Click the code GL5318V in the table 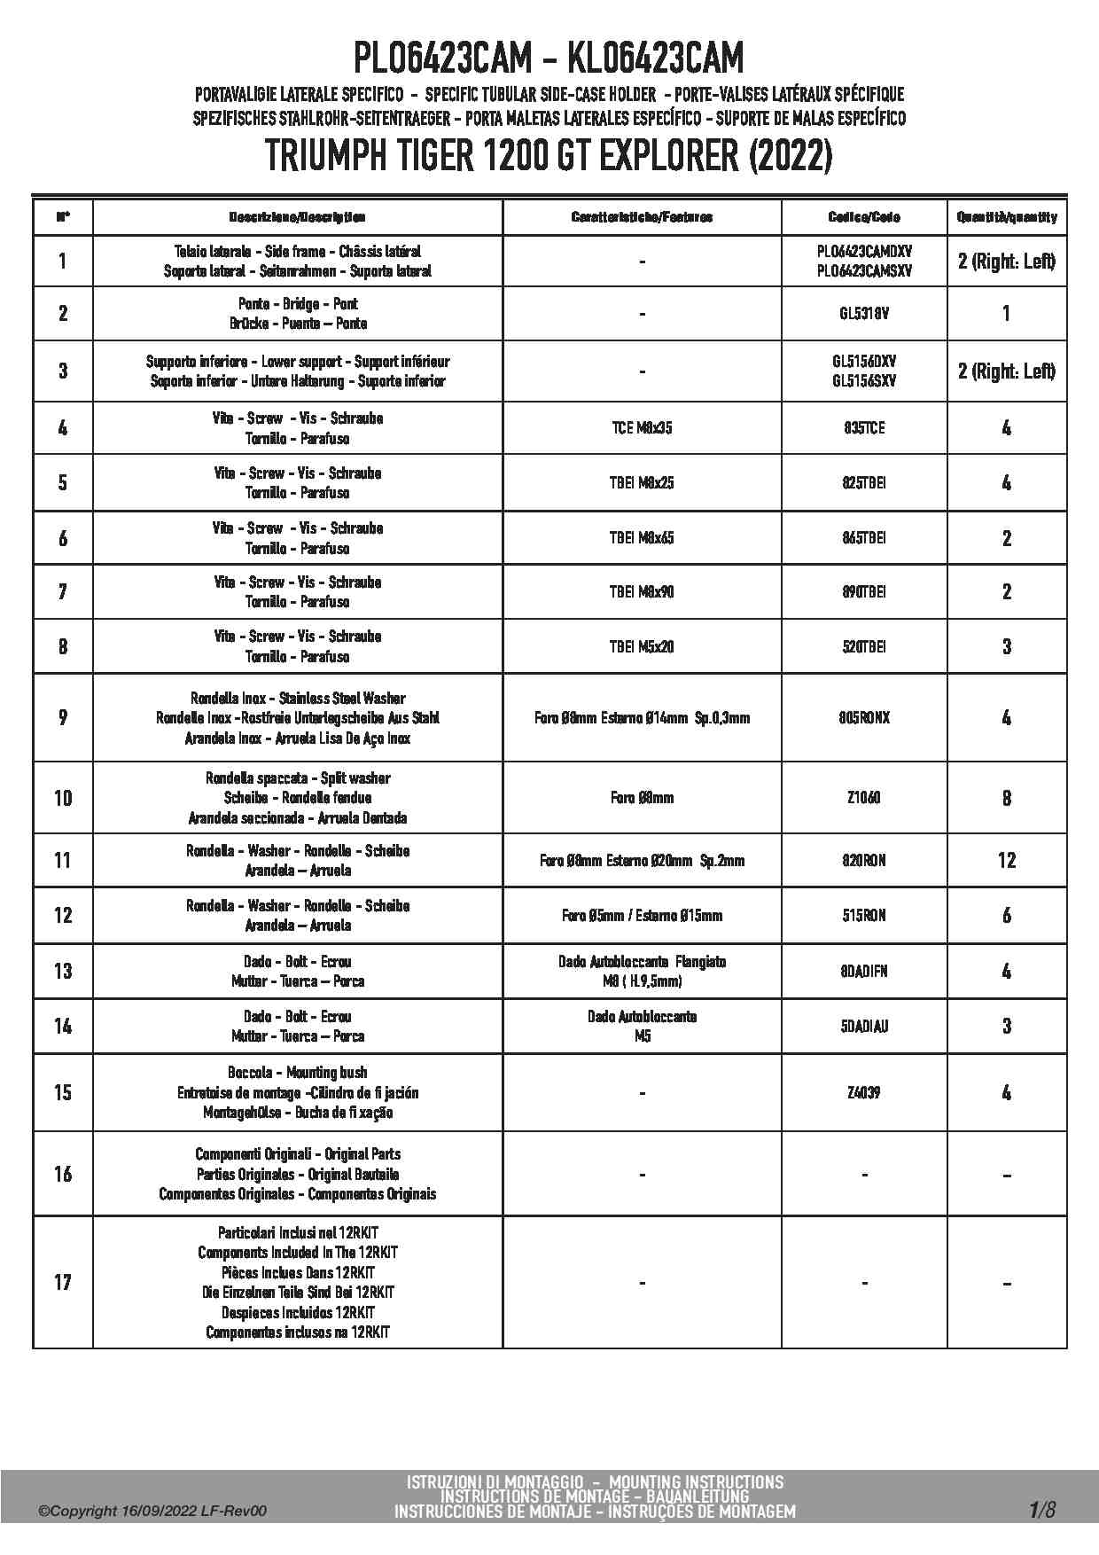pos(864,313)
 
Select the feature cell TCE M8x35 pos(642,428)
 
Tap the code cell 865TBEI pos(864,538)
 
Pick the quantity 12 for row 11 pos(1007,860)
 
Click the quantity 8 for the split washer pos(1007,798)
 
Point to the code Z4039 pos(864,1092)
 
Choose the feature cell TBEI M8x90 pos(642,591)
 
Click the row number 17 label pos(63,1282)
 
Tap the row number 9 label pos(63,717)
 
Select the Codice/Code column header pos(864,217)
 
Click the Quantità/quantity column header pos(1007,217)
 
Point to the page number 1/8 pos(1042,1509)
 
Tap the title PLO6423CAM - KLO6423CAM pos(549,59)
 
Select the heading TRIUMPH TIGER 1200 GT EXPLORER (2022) pos(549,157)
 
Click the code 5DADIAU pos(864,1026)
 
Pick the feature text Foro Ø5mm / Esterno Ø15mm pos(642,915)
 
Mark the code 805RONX pos(864,717)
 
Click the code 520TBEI pos(864,646)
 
